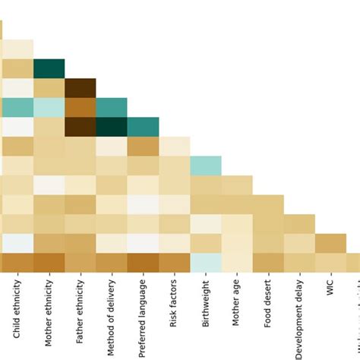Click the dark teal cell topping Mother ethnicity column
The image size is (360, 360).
tap(49, 68)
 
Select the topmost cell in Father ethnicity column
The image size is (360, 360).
tap(80, 88)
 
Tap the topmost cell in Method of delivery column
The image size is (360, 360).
tap(112, 107)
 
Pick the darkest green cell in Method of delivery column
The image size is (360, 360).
tap(112, 127)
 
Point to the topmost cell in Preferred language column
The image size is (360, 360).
tap(143, 127)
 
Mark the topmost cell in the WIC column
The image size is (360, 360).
tap(330, 243)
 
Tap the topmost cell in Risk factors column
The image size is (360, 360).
tap(174, 146)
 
